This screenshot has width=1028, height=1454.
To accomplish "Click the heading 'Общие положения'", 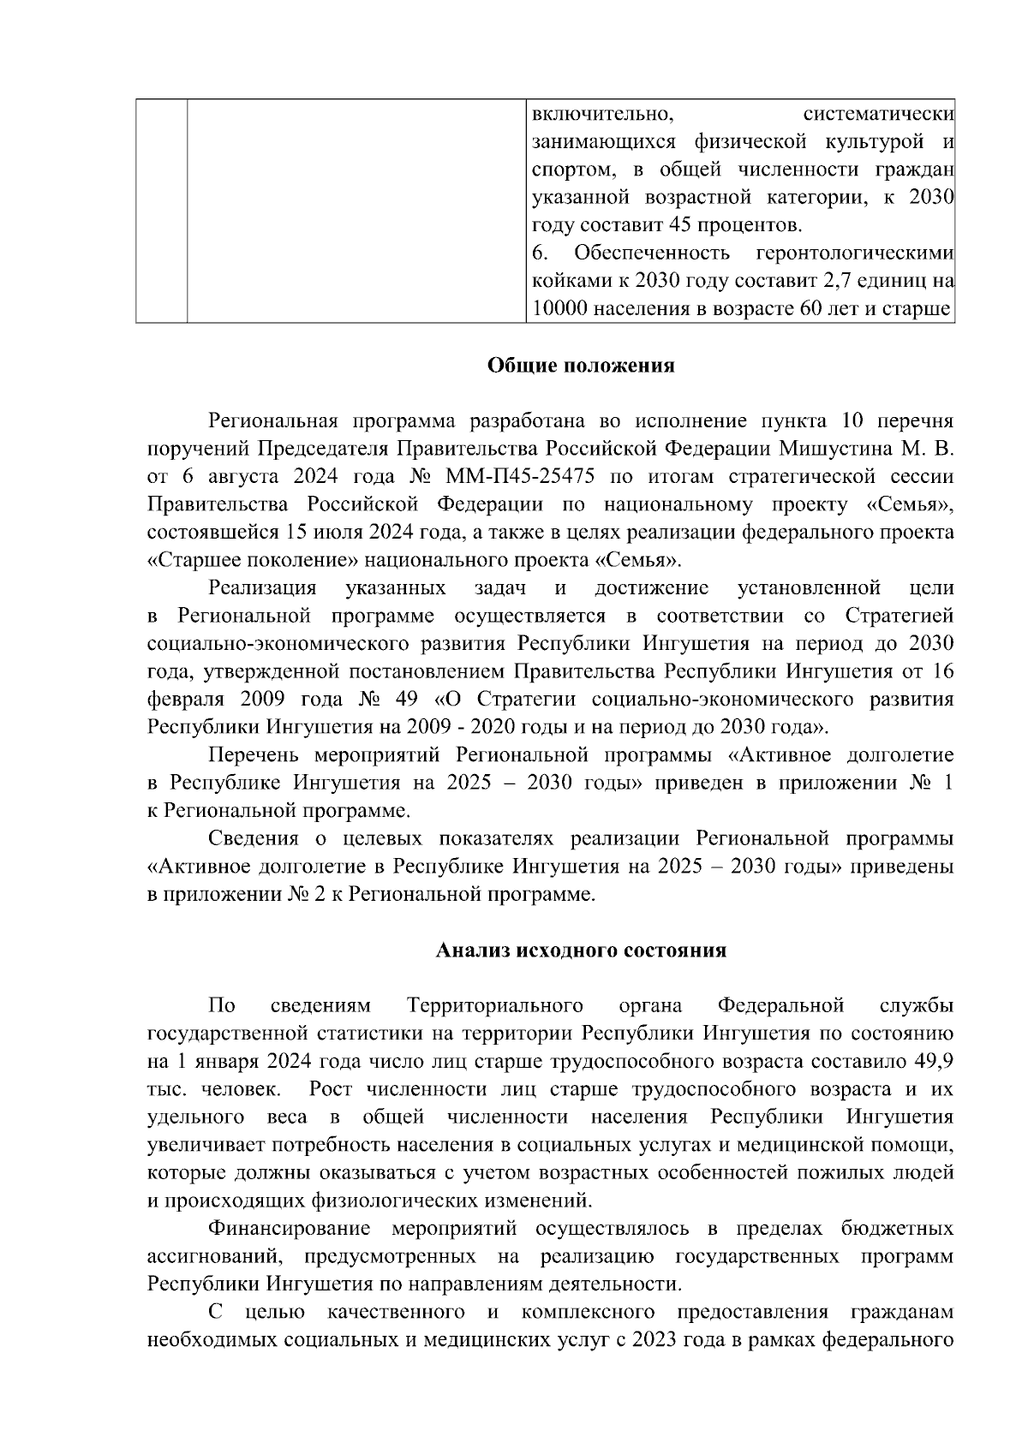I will (581, 366).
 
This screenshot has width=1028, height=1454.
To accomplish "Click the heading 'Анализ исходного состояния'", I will (581, 950).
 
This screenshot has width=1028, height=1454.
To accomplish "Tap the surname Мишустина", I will (828, 449).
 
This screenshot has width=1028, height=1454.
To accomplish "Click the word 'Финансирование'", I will (289, 1230).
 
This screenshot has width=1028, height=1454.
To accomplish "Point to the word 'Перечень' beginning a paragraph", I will (254, 755).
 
